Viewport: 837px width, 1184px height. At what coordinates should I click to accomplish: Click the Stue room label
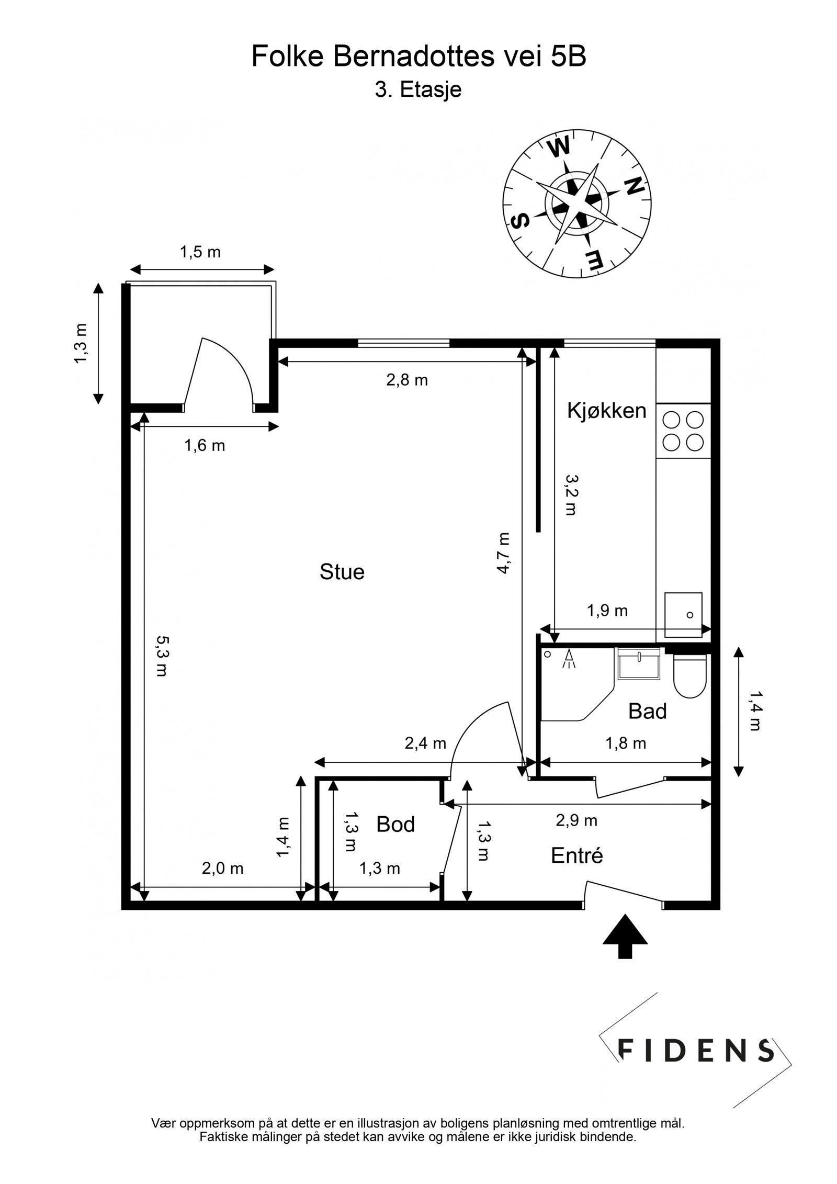342,572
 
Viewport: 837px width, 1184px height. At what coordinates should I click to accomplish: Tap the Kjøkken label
607,411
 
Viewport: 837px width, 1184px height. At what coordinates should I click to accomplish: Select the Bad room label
647,712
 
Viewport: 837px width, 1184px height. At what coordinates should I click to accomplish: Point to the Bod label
395,825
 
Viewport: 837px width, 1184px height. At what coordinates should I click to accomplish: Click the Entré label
577,855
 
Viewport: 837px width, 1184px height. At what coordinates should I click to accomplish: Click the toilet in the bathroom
689,675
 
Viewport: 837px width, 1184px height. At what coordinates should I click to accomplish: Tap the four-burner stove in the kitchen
683,431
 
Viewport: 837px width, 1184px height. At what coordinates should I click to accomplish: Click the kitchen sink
683,614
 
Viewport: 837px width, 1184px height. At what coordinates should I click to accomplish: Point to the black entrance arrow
625,944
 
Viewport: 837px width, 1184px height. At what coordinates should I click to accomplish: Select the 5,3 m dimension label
162,656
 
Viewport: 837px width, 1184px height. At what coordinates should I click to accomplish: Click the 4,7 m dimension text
503,553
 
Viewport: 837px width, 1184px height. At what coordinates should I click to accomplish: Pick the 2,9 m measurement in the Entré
576,820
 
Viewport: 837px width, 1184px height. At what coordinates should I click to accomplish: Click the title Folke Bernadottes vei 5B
418,57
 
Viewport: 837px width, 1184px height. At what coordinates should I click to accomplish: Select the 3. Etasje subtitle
418,90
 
